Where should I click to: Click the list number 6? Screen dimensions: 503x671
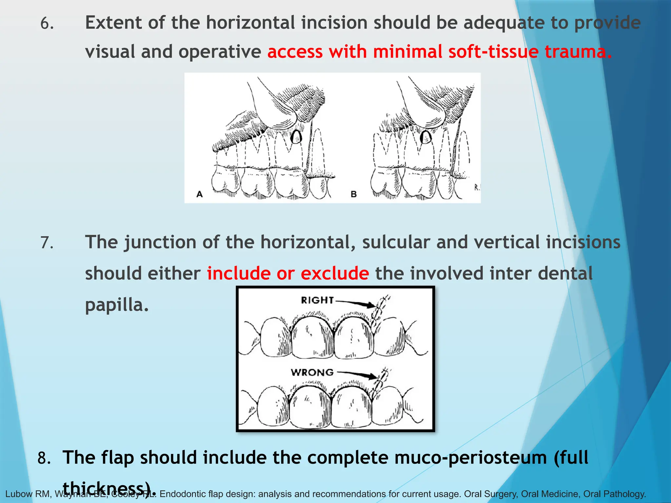point(47,24)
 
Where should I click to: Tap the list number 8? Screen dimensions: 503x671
point(44,458)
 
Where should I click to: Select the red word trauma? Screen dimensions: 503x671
point(578,52)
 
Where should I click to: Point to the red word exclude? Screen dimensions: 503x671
point(335,273)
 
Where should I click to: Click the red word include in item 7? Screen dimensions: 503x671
point(239,273)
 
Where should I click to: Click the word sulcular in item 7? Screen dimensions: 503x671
point(396,242)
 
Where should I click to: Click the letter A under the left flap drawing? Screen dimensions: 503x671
point(199,194)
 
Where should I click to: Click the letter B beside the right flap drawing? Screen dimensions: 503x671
point(354,194)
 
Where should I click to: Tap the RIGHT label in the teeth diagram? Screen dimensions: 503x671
point(317,300)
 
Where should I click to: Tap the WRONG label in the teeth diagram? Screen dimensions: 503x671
point(312,372)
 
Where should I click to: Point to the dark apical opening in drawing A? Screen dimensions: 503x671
point(296,137)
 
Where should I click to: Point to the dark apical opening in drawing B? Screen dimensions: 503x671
point(426,137)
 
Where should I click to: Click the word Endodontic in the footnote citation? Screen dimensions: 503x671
point(179,494)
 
